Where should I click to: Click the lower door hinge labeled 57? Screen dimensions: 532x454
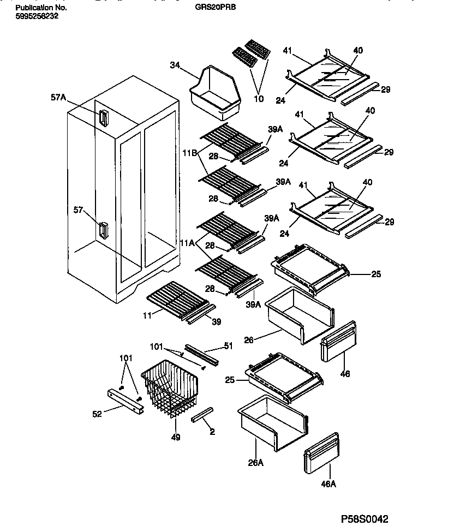pos(103,230)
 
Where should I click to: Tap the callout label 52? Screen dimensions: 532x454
pos(97,414)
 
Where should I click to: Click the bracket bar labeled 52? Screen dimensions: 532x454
pos(126,402)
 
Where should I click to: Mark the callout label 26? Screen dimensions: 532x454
pos(249,340)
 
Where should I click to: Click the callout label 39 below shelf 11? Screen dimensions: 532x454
pos(216,322)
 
